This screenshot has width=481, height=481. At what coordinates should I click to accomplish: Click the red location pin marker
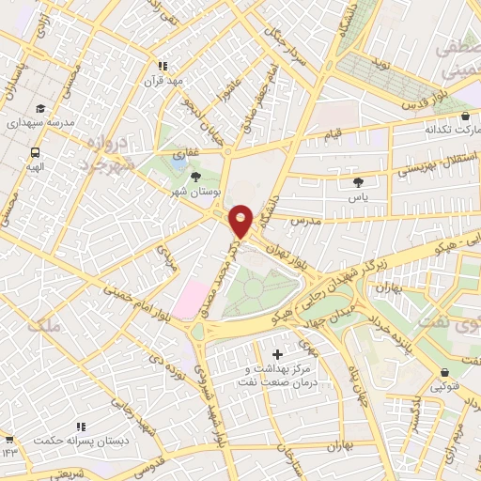[x=241, y=221]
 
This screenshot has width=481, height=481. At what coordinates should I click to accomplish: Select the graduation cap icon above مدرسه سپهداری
[x=39, y=109]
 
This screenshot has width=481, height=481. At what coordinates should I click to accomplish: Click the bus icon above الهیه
[x=35, y=152]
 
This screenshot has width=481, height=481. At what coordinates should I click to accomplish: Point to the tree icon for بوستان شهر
[x=196, y=176]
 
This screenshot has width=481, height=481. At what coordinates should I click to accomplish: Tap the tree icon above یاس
[x=357, y=182]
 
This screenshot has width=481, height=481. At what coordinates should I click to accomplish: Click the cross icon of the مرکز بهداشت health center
[x=275, y=355]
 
